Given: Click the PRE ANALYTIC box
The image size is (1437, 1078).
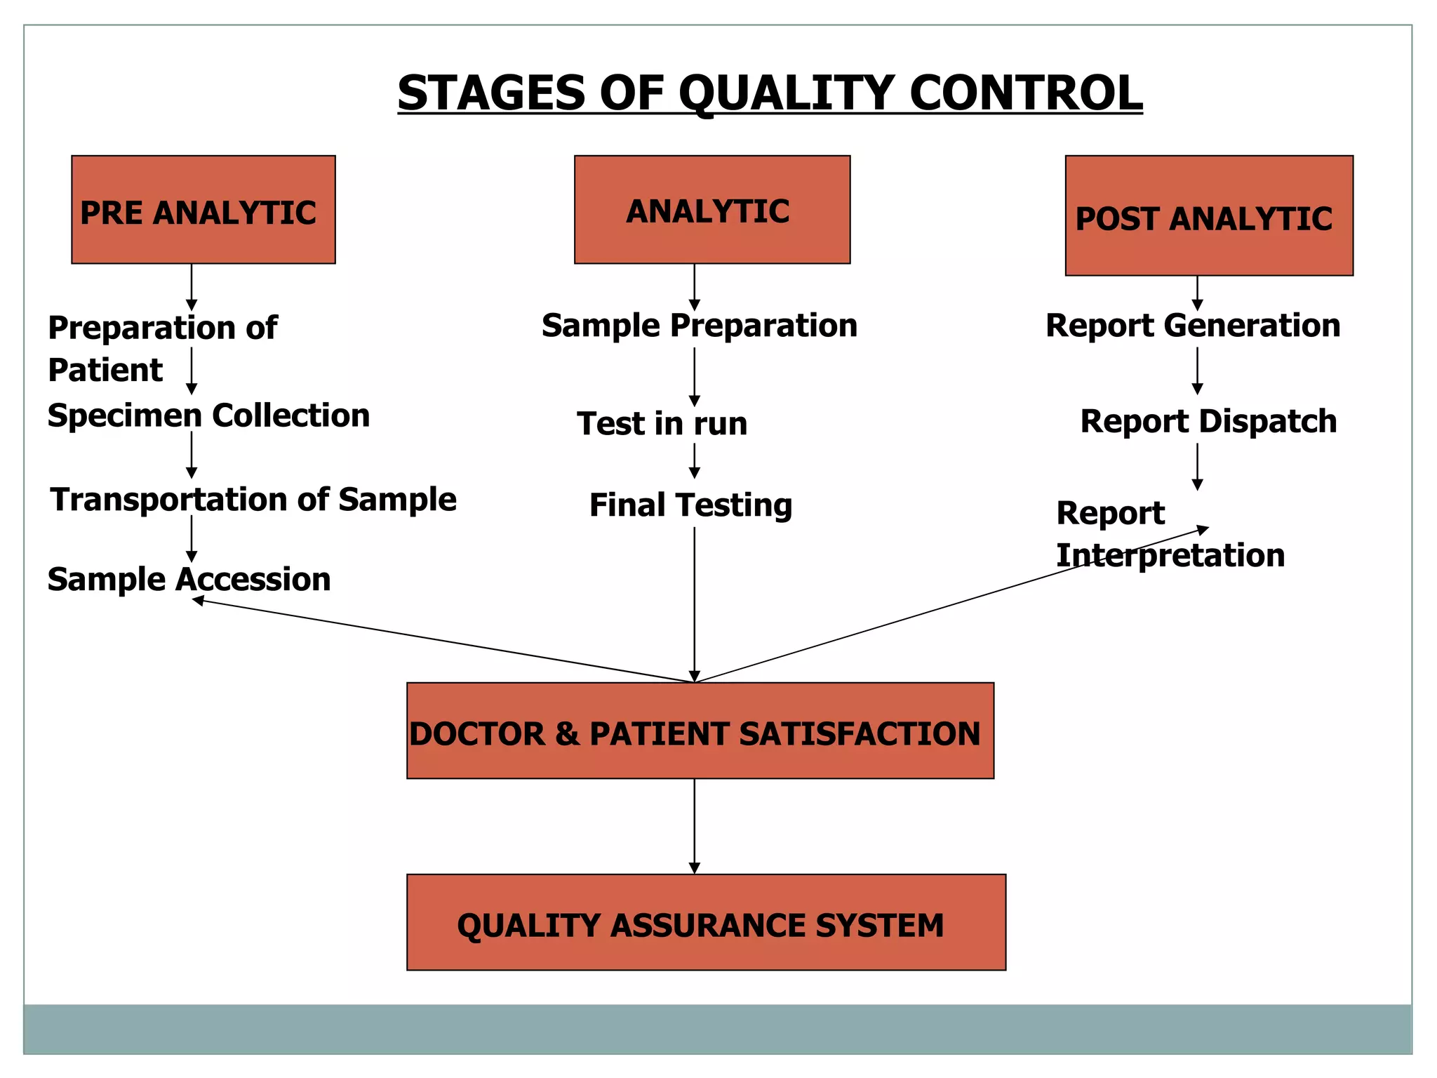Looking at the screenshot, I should click(203, 210).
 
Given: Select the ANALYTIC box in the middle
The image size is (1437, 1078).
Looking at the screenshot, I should click(711, 210).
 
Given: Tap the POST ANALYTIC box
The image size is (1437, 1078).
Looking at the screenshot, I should click(1208, 215).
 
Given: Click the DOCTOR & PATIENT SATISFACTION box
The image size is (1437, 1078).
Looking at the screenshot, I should click(700, 731).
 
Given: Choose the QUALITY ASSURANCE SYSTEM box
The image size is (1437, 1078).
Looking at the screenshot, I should click(705, 922).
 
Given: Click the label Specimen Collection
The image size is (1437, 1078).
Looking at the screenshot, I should click(208, 415).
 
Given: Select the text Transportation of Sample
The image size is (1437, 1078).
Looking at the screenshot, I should click(253, 500).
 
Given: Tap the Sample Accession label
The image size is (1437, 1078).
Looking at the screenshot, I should click(189, 580).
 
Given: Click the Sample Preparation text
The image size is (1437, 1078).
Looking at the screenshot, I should click(699, 326).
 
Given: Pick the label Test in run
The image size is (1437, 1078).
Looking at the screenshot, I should click(662, 424).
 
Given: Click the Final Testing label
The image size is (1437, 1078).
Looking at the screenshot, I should click(690, 505).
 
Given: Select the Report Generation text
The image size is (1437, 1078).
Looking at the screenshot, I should click(1192, 326).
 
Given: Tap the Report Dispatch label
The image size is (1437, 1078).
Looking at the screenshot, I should click(1208, 422).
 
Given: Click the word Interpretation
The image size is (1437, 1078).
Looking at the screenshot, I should click(1170, 556).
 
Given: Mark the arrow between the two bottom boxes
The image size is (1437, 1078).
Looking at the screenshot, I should click(694, 825).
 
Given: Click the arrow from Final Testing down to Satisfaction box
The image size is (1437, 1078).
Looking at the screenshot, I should click(694, 604).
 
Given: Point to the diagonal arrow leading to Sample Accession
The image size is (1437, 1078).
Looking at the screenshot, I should click(442, 640).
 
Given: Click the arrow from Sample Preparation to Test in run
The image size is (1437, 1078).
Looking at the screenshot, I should click(694, 376).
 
